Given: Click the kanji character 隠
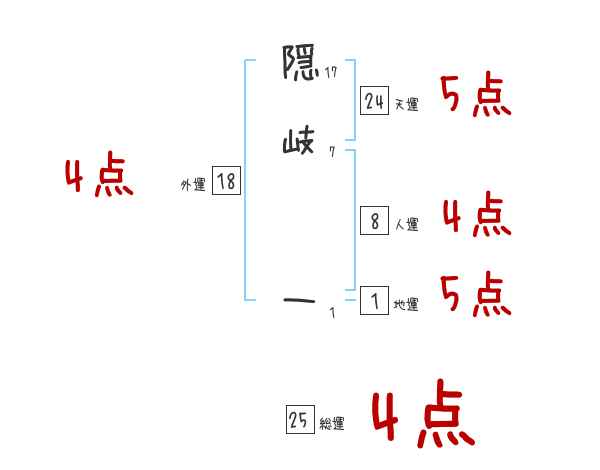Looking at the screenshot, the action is [x=300, y=66].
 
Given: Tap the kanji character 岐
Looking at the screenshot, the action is [x=299, y=144].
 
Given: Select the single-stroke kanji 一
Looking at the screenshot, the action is [x=300, y=297].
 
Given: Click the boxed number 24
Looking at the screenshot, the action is [x=375, y=100].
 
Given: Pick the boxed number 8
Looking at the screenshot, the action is [x=375, y=222].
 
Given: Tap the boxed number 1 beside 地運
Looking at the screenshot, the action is [x=375, y=301].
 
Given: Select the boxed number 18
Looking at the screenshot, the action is [x=226, y=181].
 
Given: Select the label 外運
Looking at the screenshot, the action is [x=193, y=185].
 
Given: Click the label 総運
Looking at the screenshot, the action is [x=332, y=425].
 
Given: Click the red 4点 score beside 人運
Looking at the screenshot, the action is [x=477, y=216].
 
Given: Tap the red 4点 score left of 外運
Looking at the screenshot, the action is [x=99, y=177].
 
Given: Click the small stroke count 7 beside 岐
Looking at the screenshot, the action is [x=331, y=152].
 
